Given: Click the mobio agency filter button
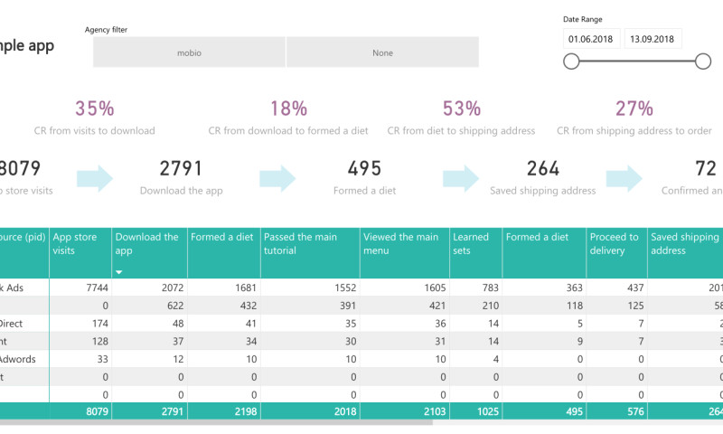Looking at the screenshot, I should coord(189,52).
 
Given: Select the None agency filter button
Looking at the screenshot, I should coord(382,52).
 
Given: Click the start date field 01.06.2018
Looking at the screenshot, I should coord(589,39).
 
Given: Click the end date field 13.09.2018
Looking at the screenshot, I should coord(653,39).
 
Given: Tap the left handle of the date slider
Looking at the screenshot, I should coord(571,61).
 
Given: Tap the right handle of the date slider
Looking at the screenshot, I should coord(703,61).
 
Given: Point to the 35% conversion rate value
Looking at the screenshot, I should coord(95,108).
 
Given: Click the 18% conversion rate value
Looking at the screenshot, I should coord(288,108).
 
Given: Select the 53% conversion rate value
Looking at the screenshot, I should coord(461,108).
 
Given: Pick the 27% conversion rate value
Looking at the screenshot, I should coord(634,108).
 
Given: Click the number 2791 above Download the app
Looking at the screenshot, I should coord(181,168).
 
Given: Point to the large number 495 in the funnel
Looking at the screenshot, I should coord(364,168).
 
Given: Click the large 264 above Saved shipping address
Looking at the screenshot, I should coord(543,168).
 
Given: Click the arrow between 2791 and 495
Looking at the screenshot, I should coord(277,178).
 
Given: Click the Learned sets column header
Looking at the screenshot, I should coord(470,243).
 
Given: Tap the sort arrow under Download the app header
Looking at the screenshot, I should coord(118,271).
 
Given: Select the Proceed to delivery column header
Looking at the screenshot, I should coord(615,243).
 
